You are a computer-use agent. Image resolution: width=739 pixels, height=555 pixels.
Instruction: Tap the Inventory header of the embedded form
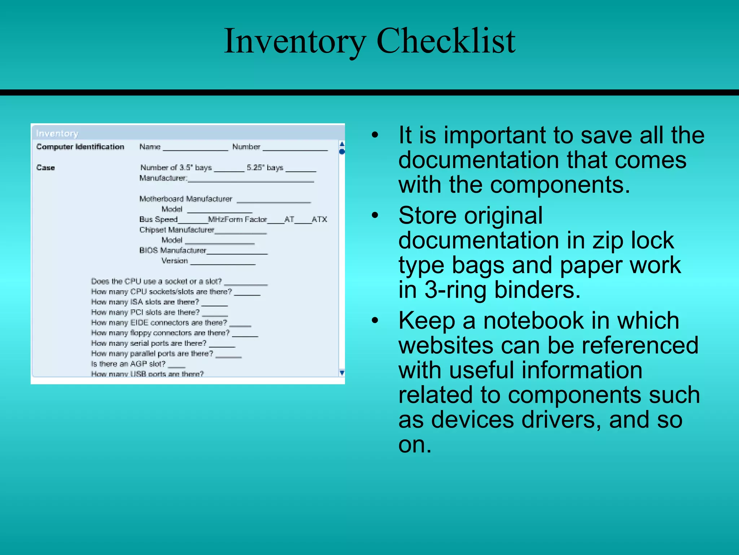click(x=57, y=134)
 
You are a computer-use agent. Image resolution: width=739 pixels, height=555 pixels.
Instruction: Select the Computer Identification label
click(x=80, y=147)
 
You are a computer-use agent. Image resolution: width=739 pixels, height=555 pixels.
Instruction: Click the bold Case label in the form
click(x=45, y=168)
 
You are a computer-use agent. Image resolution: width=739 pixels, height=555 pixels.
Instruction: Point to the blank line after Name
click(x=195, y=148)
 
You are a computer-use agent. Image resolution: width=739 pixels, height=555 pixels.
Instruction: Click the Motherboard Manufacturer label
click(x=186, y=199)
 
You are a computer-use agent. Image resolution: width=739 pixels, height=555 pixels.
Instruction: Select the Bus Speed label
click(x=158, y=219)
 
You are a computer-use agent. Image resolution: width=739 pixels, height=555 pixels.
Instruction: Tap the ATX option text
click(x=319, y=219)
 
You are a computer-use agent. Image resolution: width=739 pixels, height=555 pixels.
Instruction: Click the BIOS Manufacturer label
click(x=173, y=250)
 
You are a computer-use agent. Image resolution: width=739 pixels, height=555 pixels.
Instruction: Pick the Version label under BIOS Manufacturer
click(x=175, y=261)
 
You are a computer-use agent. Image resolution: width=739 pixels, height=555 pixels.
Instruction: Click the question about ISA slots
click(x=145, y=302)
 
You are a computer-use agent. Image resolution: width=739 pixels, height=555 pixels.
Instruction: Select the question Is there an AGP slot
click(x=128, y=364)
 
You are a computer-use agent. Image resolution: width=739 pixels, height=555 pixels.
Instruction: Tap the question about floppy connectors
click(x=160, y=333)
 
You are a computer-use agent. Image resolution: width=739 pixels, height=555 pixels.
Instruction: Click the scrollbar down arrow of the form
click(x=342, y=373)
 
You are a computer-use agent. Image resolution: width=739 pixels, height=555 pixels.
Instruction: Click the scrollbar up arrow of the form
click(x=342, y=144)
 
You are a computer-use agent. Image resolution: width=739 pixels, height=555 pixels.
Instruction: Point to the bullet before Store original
click(x=375, y=216)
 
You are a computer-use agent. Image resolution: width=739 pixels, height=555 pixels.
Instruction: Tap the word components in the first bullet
click(x=552, y=185)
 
